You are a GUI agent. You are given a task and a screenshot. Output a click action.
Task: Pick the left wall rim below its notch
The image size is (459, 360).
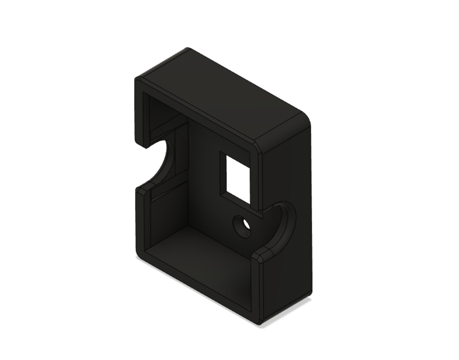point(140,221)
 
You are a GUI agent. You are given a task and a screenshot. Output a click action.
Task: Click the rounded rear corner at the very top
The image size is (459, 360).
point(188,50)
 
